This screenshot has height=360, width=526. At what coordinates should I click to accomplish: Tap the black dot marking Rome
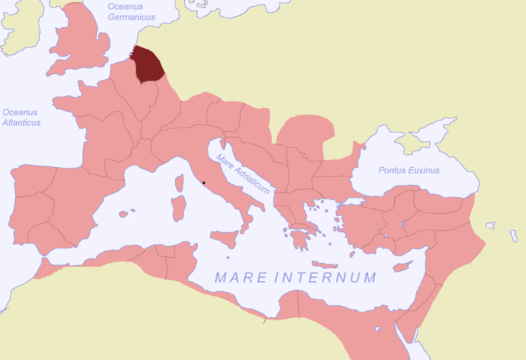pos(204,182)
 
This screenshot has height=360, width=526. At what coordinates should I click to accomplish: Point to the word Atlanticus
pos(21,122)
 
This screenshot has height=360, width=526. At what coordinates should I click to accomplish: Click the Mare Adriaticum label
pos(243,173)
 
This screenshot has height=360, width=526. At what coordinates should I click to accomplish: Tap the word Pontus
pos(393,170)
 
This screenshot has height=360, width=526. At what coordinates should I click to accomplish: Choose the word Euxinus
pos(423,170)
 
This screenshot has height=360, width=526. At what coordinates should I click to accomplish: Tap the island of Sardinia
pos(178,208)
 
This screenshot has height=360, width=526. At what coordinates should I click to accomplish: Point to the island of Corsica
pos(178,184)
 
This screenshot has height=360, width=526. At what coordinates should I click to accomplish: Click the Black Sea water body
pos(421,158)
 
